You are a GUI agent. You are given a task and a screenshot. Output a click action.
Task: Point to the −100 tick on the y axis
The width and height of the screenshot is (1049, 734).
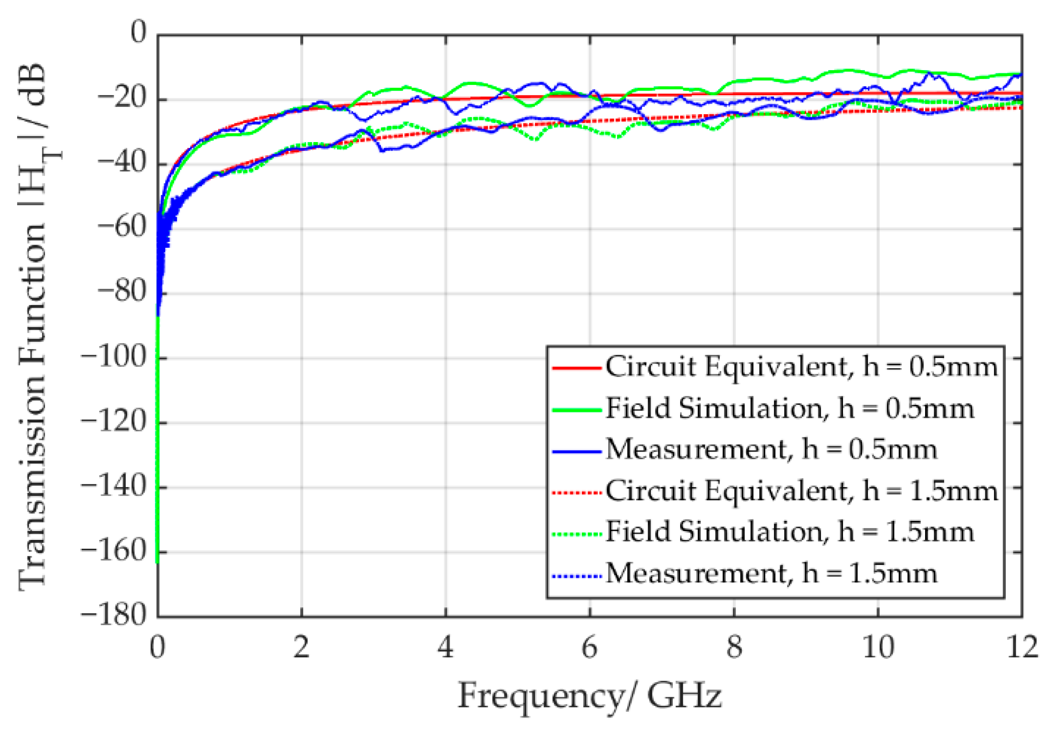(x=114, y=357)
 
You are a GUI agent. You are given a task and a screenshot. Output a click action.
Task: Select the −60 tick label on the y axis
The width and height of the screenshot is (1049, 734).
(x=122, y=227)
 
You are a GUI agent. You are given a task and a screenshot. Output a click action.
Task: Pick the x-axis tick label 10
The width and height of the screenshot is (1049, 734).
(x=878, y=647)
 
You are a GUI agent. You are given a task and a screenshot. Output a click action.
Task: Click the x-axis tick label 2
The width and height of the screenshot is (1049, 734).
(x=302, y=647)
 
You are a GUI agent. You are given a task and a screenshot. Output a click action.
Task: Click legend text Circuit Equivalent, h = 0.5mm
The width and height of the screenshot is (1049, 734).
(x=801, y=367)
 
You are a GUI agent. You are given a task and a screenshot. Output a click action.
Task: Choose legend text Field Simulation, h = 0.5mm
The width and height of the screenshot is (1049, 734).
(x=790, y=409)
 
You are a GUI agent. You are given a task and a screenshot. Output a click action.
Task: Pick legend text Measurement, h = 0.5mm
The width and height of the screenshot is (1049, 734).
(x=771, y=449)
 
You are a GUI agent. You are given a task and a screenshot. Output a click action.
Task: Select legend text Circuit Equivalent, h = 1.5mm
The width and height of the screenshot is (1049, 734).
(x=801, y=491)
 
